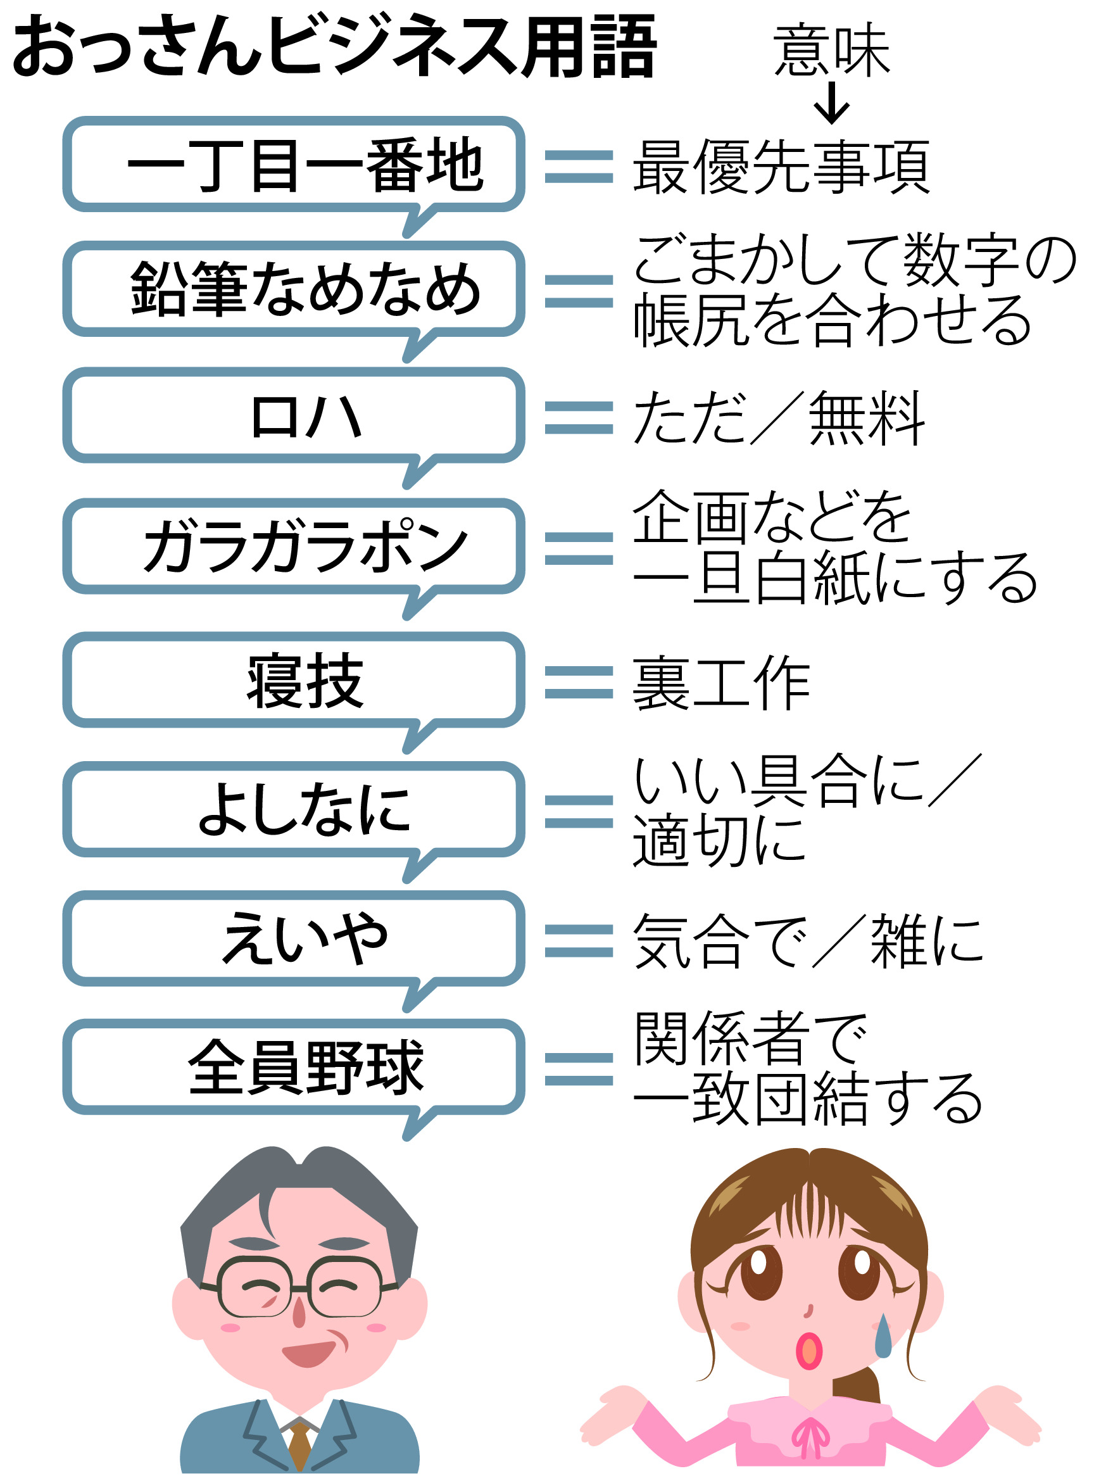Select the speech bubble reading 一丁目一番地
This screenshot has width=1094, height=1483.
[x=293, y=165]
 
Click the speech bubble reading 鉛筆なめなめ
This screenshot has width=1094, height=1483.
[x=293, y=289]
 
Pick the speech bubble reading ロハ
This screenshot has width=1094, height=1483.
[x=293, y=416]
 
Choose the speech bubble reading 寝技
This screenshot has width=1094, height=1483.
[x=293, y=680]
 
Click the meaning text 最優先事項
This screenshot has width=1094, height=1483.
[x=781, y=167]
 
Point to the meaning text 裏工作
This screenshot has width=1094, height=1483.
[x=720, y=683]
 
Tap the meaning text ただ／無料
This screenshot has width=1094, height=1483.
[x=778, y=418]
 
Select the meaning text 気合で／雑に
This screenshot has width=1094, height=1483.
[x=808, y=941]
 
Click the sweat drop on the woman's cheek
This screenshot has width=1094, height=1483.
[x=883, y=1337]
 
